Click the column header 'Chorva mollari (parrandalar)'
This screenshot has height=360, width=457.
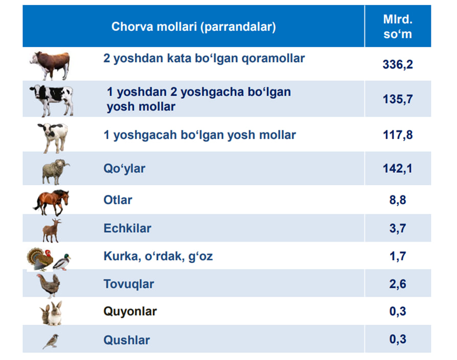click(x=194, y=27)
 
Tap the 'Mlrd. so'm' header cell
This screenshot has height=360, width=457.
click(x=398, y=27)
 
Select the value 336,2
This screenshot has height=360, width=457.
click(x=398, y=64)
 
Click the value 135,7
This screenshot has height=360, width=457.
click(x=398, y=99)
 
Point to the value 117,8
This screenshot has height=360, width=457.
click(x=398, y=135)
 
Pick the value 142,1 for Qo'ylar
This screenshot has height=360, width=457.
click(x=398, y=168)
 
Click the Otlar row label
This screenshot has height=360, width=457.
click(x=118, y=200)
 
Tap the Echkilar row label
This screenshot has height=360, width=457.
click(x=127, y=228)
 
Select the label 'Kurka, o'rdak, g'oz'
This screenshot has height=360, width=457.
click(x=158, y=257)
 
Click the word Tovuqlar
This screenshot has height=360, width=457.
click(x=129, y=284)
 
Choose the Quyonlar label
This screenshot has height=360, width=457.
click(x=130, y=311)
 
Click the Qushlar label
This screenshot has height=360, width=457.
click(x=127, y=340)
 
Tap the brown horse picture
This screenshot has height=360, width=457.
click(x=51, y=202)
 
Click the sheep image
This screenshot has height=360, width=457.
click(x=55, y=172)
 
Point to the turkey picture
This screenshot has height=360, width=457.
click(x=40, y=259)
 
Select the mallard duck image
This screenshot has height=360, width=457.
click(x=62, y=262)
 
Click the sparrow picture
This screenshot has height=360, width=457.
click(x=51, y=341)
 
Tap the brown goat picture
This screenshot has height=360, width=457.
click(x=52, y=231)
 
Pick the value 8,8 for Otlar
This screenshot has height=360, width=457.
click(x=398, y=200)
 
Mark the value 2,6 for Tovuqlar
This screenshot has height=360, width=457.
click(x=398, y=284)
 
